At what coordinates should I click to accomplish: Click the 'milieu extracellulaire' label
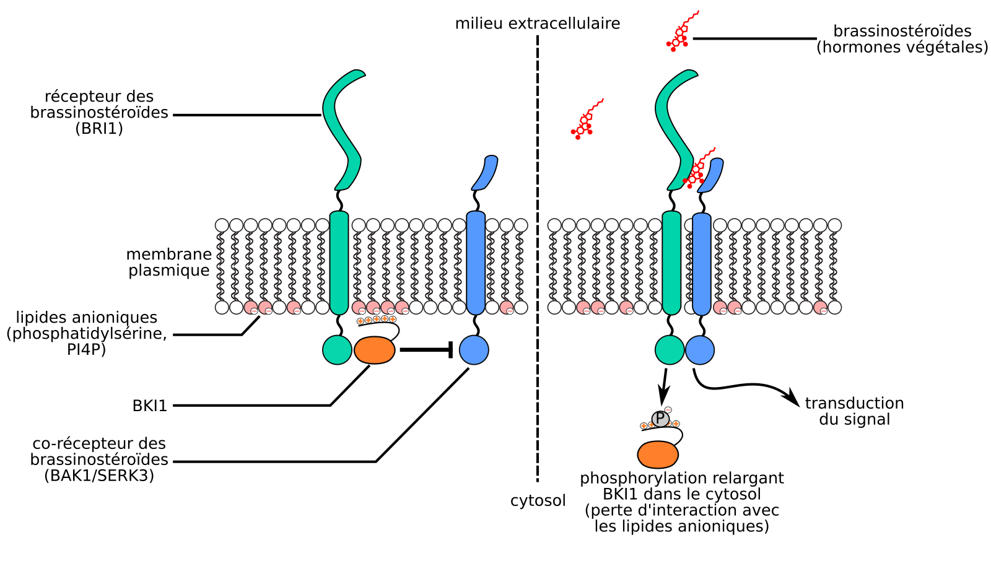click(538, 24)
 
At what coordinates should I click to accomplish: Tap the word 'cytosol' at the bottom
click(538, 501)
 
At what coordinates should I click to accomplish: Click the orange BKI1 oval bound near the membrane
click(375, 350)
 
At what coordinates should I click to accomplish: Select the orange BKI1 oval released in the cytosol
click(658, 454)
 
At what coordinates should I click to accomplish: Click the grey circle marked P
click(660, 419)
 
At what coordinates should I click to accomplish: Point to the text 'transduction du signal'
click(854, 411)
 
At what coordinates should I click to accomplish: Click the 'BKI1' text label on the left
click(150, 406)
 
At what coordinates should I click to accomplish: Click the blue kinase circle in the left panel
click(474, 350)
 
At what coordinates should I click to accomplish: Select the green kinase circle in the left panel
click(338, 350)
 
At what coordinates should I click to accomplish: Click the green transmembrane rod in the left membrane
click(339, 263)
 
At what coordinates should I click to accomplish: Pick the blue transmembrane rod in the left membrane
click(475, 263)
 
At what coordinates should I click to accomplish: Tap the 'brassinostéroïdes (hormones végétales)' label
click(902, 39)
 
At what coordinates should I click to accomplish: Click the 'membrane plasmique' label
click(168, 263)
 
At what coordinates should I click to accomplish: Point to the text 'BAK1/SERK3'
click(99, 476)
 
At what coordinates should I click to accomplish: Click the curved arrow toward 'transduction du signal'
click(743, 386)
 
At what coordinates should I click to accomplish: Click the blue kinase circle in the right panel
click(700, 350)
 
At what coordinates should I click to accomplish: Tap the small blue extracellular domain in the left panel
click(485, 173)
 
